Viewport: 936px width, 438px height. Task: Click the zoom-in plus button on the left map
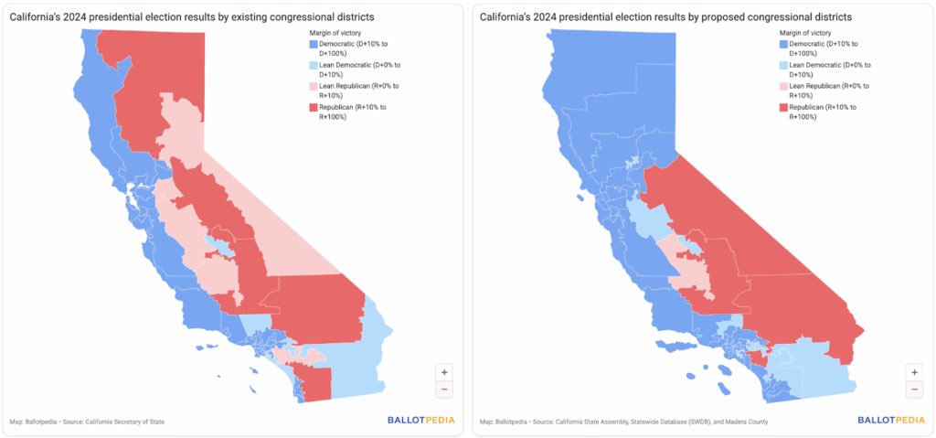click(444, 372)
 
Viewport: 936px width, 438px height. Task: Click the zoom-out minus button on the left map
click(444, 390)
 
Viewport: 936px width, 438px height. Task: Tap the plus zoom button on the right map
click(914, 372)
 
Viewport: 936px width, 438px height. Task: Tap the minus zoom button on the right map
click(914, 390)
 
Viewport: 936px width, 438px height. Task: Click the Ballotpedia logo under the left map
click(420, 421)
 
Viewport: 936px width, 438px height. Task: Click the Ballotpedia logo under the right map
click(890, 421)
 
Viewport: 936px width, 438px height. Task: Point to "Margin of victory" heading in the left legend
click(335, 33)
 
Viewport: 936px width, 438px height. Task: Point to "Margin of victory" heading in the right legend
click(806, 33)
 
